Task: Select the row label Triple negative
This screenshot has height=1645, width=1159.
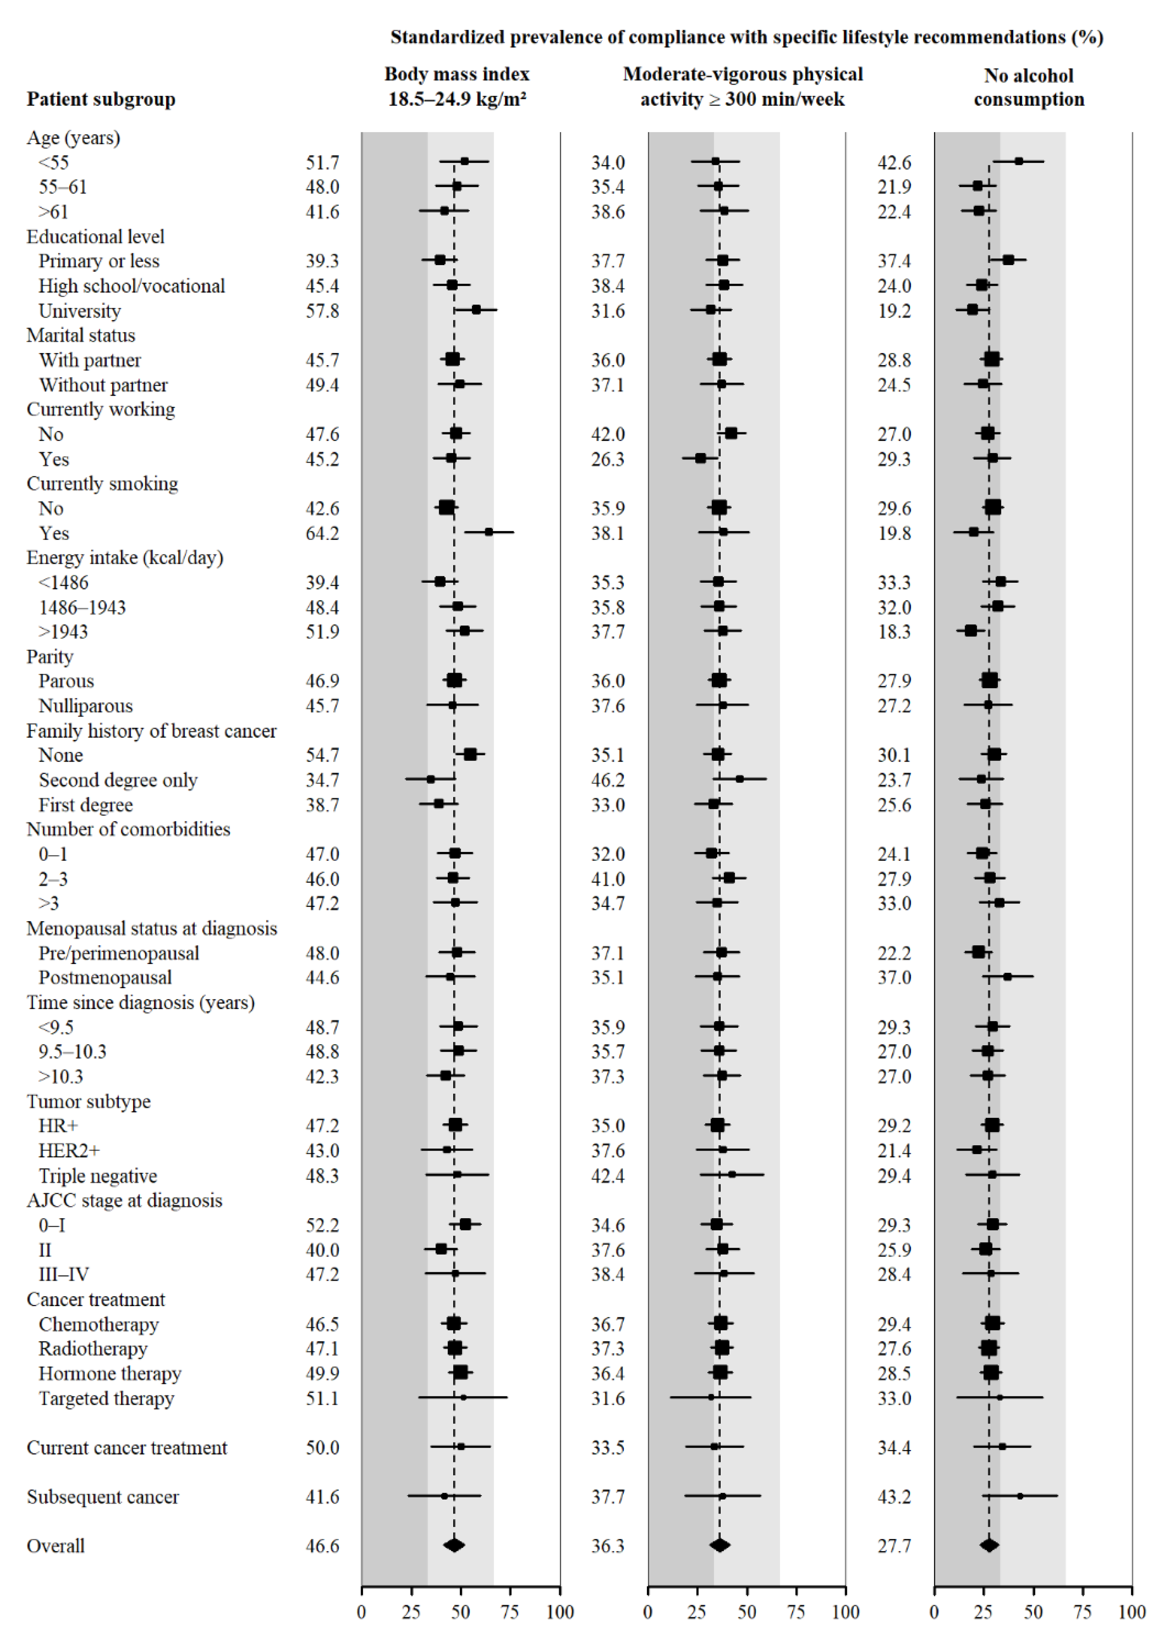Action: point(98,1176)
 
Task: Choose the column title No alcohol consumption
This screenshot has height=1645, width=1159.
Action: point(1029,87)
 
